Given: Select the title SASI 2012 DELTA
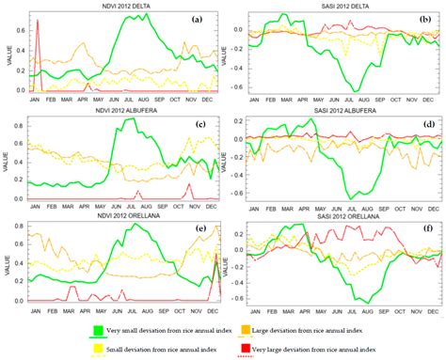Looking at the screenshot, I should (329, 6).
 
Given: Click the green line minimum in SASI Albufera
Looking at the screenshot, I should (350, 197).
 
